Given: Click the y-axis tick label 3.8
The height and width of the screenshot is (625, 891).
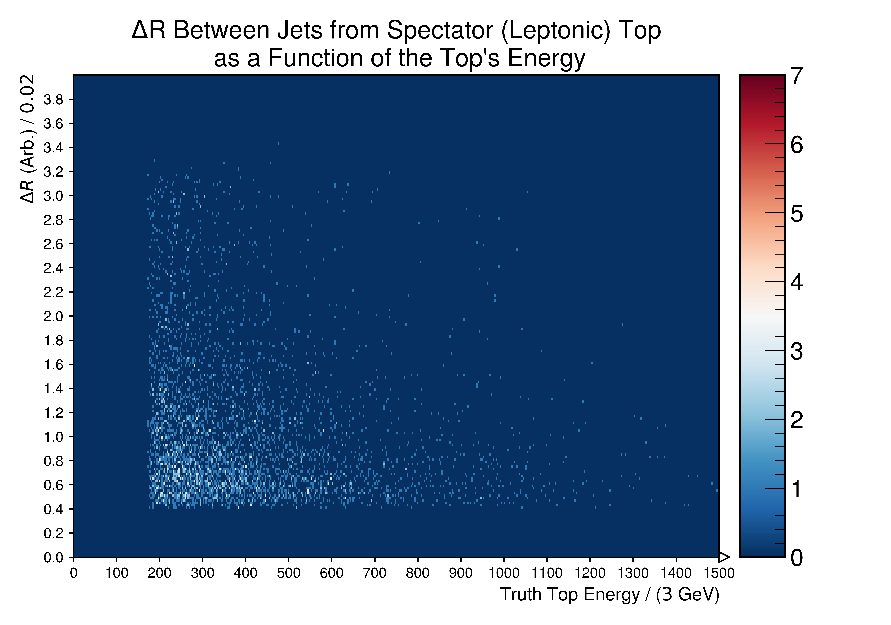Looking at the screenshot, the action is click(53, 100).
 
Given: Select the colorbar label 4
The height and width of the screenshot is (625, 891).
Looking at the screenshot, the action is click(797, 282).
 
